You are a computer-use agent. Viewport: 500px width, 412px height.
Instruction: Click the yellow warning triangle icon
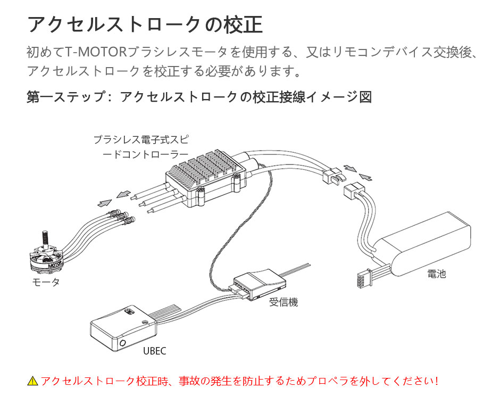click(x=33, y=381)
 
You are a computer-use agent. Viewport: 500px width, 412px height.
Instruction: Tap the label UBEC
click(x=155, y=351)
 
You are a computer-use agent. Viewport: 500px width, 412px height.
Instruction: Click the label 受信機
click(x=283, y=302)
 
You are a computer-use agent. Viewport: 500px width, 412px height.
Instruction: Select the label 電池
click(x=436, y=274)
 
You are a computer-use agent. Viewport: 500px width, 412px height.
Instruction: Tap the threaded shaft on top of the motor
click(x=45, y=236)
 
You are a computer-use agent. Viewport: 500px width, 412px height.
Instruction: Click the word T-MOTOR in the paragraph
click(x=97, y=53)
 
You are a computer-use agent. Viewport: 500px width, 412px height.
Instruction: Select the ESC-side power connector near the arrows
click(x=331, y=175)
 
